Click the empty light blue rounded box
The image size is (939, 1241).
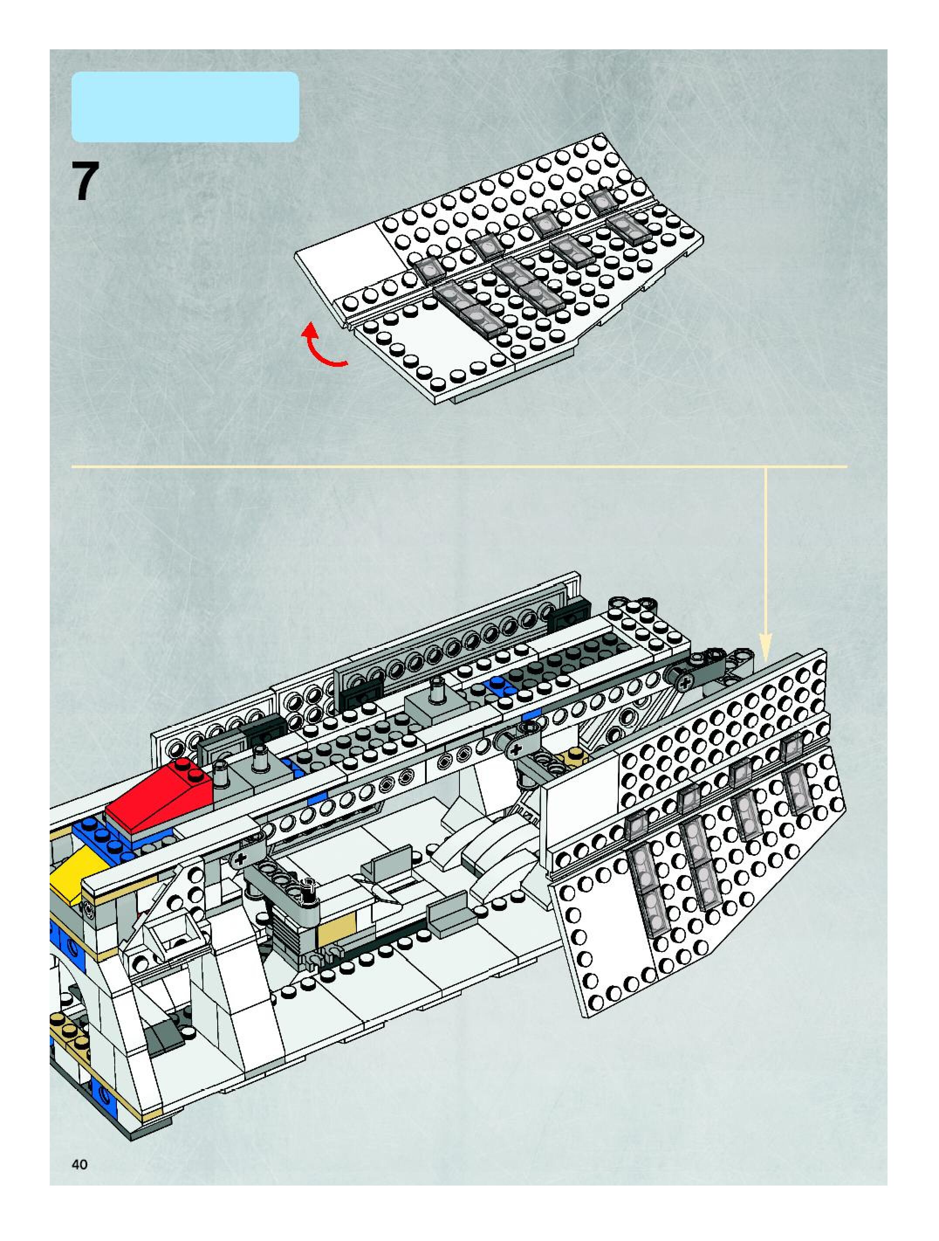185,107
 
